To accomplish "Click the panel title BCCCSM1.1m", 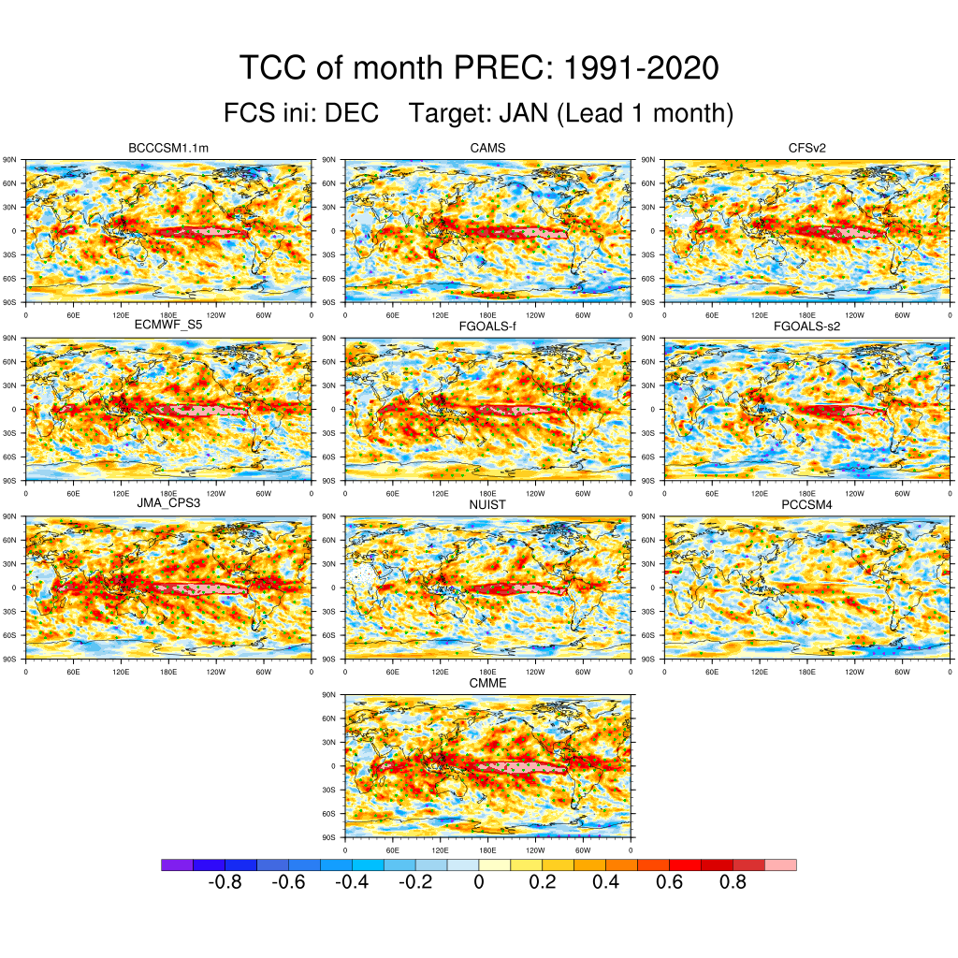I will point(168,148).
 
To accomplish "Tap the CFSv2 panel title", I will point(807,148).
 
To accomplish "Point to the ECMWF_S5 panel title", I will point(168,326).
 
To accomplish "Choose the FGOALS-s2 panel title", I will point(807,326).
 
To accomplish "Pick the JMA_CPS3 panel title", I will point(168,504).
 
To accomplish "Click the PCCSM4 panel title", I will point(807,504).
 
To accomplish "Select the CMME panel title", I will point(487,683).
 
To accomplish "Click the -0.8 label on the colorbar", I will point(224,882).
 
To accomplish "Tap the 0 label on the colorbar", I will point(478,882).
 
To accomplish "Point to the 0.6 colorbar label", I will point(670,882).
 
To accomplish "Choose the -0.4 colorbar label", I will point(351,882).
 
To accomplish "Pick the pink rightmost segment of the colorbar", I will point(781,864).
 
